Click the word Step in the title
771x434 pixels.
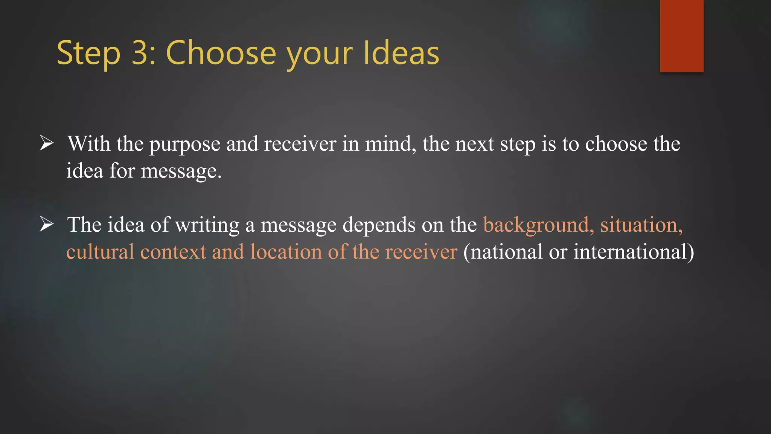pos(88,53)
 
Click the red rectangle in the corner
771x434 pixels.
pos(681,36)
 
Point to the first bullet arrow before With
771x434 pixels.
pos(47,144)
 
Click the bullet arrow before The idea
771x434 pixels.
pos(47,225)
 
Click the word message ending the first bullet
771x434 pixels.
pos(181,172)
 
